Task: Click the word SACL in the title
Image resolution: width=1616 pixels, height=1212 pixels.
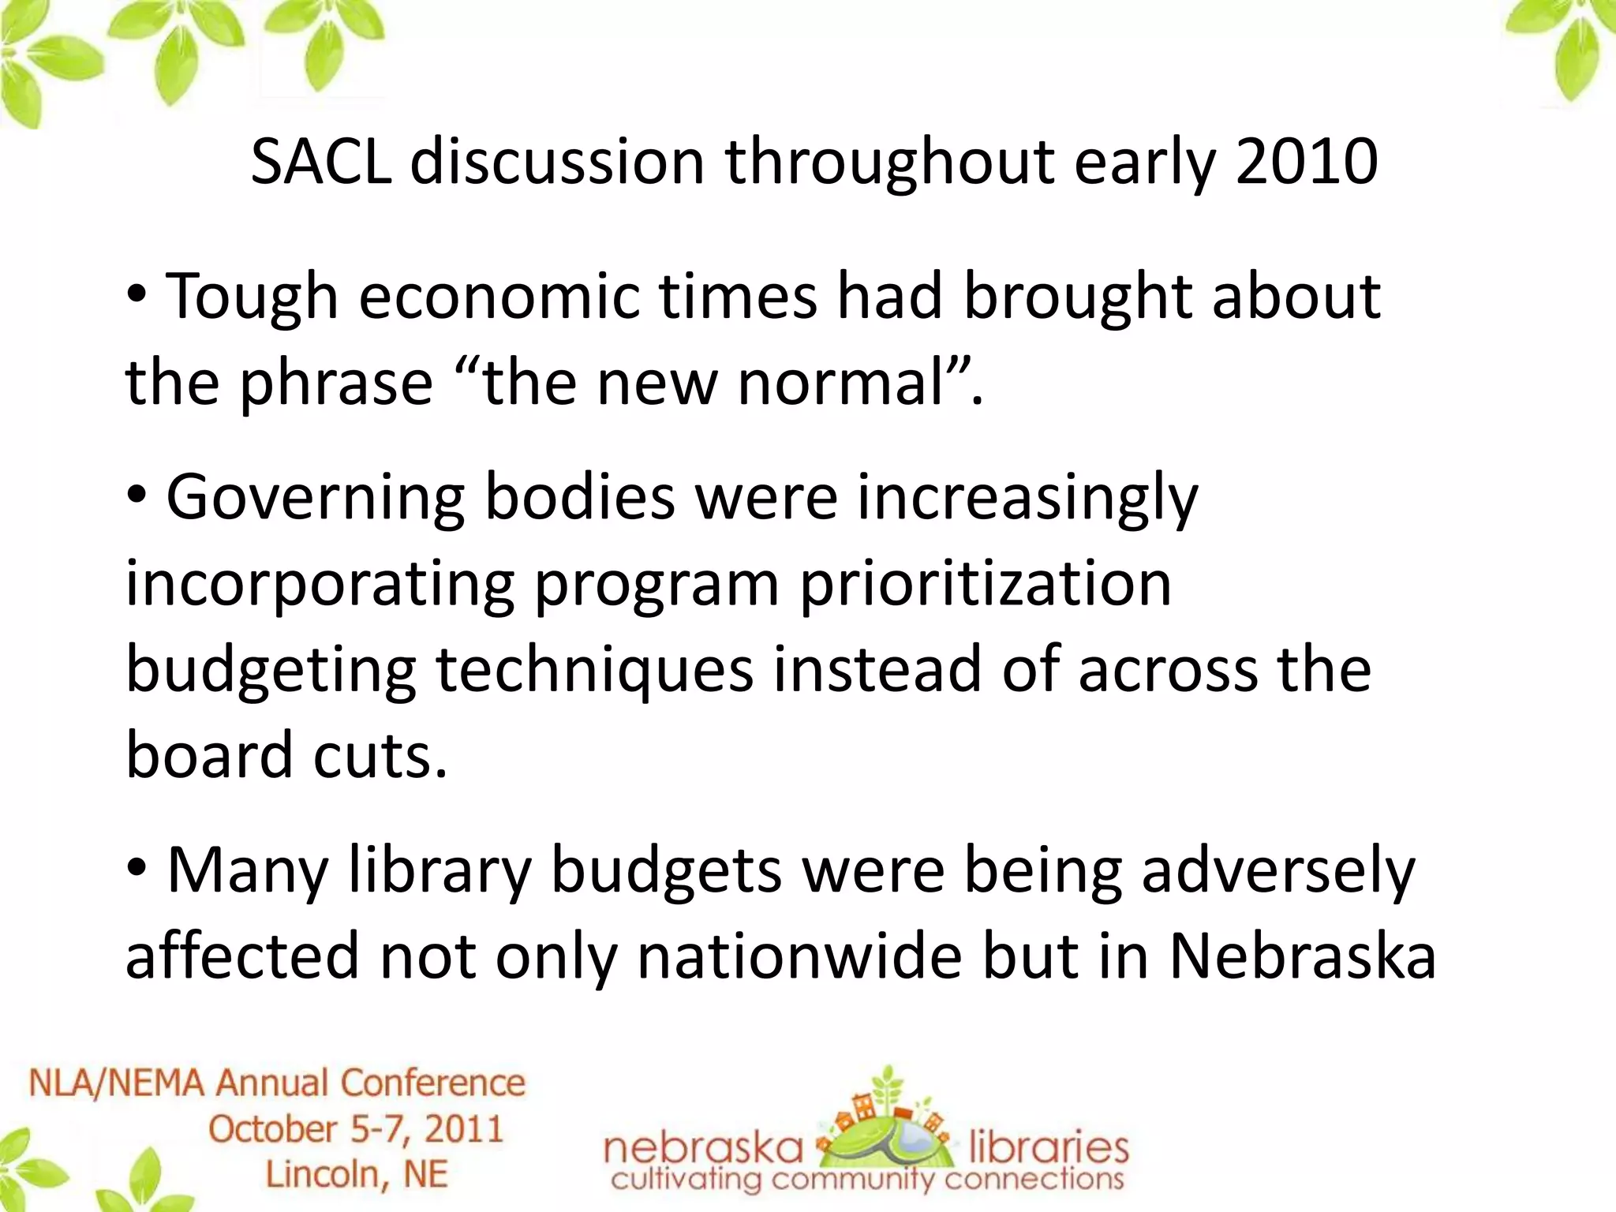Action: (x=320, y=162)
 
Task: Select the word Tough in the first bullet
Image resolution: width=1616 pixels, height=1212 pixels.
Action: (x=252, y=297)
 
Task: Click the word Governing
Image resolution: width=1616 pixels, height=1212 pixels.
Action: (x=315, y=499)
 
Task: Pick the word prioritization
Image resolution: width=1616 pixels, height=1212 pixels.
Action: (x=986, y=585)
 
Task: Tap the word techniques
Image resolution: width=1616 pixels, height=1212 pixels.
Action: (x=594, y=671)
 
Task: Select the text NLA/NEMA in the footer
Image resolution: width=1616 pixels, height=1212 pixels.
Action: (x=118, y=1083)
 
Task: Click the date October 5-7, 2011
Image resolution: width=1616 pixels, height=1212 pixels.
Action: (x=356, y=1129)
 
